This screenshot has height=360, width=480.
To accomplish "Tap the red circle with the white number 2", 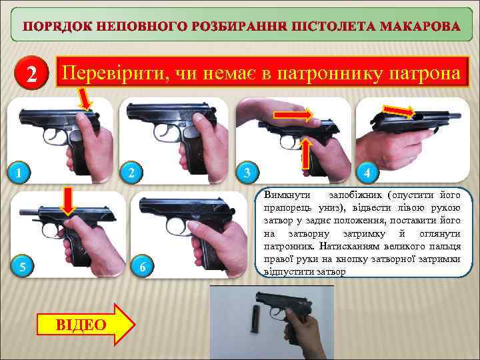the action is [31, 73].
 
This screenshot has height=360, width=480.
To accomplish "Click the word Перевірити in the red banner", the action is [113, 73].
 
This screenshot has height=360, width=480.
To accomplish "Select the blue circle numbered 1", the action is [19, 173].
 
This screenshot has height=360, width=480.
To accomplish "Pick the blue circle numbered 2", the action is [131, 173].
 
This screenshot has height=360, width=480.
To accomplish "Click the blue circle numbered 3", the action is [247, 173].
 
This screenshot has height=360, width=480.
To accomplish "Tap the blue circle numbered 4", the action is [367, 173].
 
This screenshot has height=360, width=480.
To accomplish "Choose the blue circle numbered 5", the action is [23, 266].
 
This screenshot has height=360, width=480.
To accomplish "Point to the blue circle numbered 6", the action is [143, 266].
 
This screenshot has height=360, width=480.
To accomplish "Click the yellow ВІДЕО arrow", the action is [86, 325].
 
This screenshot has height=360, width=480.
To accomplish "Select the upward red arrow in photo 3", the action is [306, 153].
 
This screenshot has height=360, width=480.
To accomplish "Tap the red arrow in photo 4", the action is [399, 111].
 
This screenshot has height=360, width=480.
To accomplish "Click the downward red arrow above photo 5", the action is [68, 201].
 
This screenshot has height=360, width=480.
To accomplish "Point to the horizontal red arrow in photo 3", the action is [293, 115].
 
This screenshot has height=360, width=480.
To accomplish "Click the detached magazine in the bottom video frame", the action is [255, 319].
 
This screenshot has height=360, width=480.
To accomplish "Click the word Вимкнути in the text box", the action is [287, 195].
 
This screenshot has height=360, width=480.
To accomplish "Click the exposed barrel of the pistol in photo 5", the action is [29, 211].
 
